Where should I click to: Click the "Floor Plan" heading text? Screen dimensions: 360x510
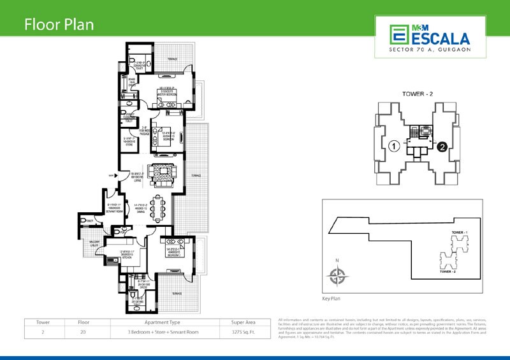(59, 25)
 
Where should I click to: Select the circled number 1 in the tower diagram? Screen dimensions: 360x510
(395, 147)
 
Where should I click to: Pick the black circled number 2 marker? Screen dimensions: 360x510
(441, 147)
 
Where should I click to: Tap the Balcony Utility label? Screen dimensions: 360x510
(93, 246)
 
